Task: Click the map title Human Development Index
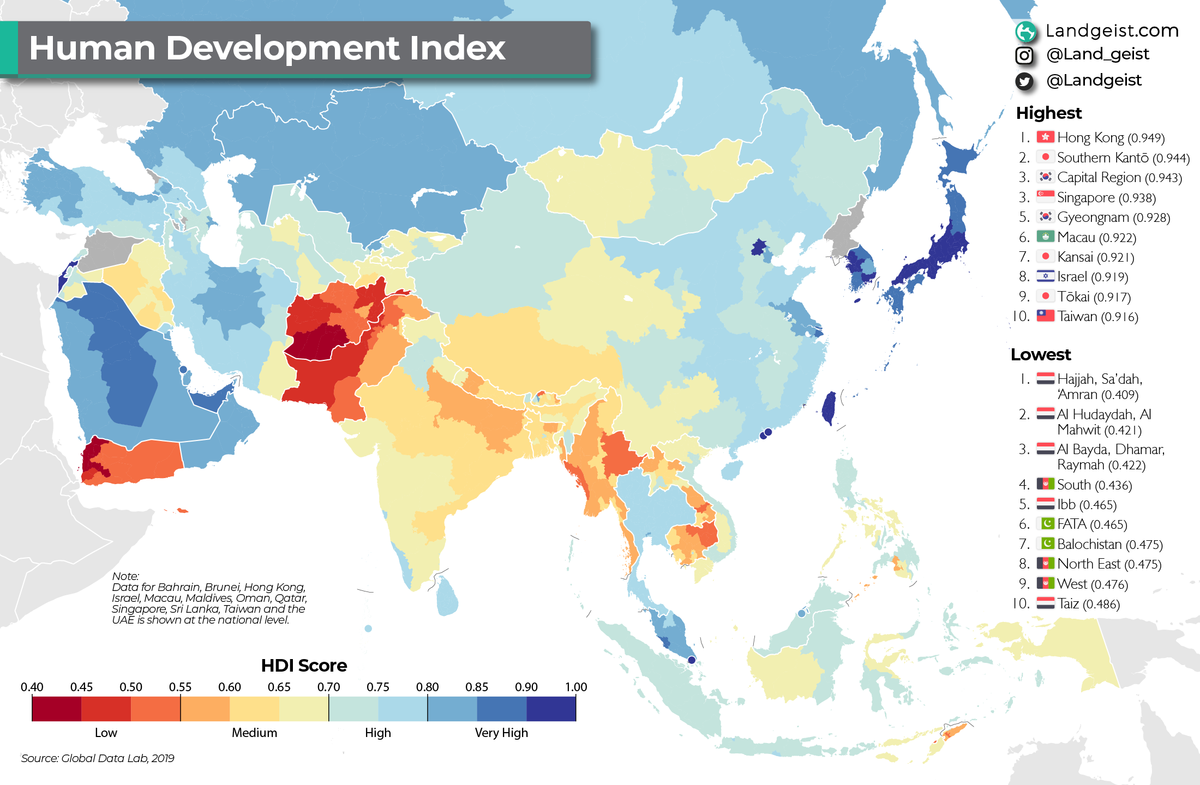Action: click(267, 48)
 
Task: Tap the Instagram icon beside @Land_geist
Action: click(1024, 55)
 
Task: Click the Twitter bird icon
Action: click(1024, 81)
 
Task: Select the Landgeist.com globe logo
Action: click(1025, 31)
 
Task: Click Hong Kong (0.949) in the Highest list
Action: click(1110, 138)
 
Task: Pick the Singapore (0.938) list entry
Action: click(1106, 197)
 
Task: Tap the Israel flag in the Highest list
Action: click(1045, 276)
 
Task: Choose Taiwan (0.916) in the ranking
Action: click(1097, 317)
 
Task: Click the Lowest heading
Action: click(1040, 355)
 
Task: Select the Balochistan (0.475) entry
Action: click(1109, 544)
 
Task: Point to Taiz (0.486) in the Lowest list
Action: click(1088, 604)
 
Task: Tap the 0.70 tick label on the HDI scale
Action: click(328, 687)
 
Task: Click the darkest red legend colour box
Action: click(57, 709)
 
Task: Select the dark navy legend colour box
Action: click(551, 709)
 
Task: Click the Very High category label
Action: click(501, 733)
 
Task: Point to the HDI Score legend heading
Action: click(304, 666)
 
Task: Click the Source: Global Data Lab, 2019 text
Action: click(98, 758)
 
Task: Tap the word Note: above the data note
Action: click(125, 576)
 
